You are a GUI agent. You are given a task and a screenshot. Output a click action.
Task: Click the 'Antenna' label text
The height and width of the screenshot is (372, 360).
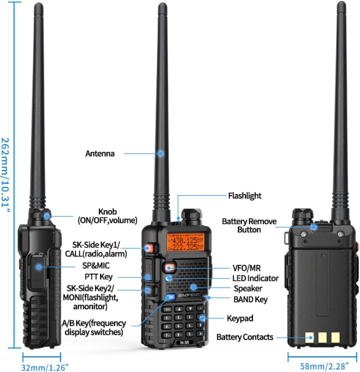100,154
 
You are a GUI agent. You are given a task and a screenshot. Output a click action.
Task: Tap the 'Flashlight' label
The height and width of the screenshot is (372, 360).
244,196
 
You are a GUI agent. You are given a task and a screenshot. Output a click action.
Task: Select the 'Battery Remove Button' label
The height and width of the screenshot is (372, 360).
249,225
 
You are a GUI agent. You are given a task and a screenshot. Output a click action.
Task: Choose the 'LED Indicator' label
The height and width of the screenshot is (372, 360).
255,278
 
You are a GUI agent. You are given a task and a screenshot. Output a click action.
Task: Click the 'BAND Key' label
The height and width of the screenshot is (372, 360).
251,299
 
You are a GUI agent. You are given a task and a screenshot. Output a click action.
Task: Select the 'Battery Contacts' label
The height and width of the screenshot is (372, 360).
244,337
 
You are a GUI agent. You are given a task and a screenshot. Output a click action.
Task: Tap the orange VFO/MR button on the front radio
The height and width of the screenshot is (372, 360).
170,268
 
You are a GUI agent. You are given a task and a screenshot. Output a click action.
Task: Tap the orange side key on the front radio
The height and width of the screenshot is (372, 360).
148,249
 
